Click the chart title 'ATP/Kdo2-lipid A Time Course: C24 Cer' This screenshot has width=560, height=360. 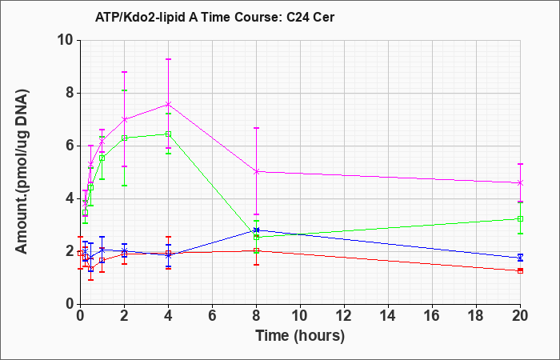(x=214, y=17)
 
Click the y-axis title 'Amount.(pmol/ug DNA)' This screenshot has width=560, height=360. (x=22, y=172)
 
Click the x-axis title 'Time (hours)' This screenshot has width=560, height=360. (x=300, y=336)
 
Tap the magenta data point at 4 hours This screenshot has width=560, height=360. (x=168, y=104)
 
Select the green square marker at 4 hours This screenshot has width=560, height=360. (x=168, y=134)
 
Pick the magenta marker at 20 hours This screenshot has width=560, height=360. (x=520, y=183)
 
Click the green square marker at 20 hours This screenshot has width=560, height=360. (x=520, y=218)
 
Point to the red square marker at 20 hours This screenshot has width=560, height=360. (x=520, y=270)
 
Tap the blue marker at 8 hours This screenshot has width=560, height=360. (x=256, y=230)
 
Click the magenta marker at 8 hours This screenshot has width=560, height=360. (x=256, y=172)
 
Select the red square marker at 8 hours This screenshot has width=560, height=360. (x=256, y=250)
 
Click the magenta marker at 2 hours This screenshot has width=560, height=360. (x=124, y=119)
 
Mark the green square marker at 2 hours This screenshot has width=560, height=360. (x=124, y=138)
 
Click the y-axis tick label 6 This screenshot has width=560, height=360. (x=70, y=146)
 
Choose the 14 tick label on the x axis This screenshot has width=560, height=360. (x=388, y=316)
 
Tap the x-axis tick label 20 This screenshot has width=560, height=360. (x=520, y=316)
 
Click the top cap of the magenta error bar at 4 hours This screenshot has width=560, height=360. (x=168, y=59)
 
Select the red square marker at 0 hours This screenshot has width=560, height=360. (x=80, y=253)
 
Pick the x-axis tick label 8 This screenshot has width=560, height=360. (x=256, y=316)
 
